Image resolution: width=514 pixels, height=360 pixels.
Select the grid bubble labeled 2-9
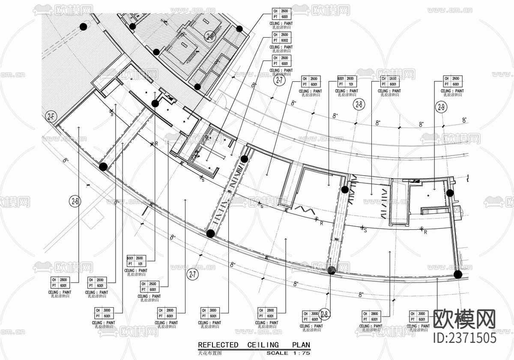442,107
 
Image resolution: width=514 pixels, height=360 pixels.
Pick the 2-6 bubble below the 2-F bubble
75,201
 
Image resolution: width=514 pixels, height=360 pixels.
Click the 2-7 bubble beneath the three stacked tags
279,80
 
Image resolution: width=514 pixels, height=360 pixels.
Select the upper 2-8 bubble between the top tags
358,104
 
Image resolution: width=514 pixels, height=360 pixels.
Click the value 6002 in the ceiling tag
284,41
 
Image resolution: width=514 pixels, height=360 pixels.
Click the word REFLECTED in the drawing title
218,345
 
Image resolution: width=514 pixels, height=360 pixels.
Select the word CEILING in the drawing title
263,345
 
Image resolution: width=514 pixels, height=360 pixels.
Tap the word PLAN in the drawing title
301,345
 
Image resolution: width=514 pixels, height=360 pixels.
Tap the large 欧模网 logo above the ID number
465,319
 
